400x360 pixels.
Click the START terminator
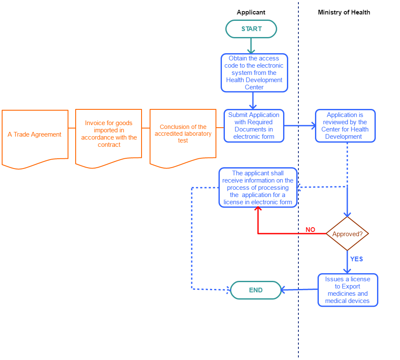pyautogui.click(x=251, y=29)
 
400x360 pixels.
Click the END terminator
pyautogui.click(x=256, y=290)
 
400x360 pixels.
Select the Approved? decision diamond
pyautogui.click(x=347, y=234)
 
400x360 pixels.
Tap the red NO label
pyautogui.click(x=310, y=230)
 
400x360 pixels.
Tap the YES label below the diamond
pyautogui.click(x=356, y=259)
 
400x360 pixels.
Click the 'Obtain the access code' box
pyautogui.click(x=254, y=73)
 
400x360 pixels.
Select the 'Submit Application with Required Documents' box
pyautogui.click(x=254, y=126)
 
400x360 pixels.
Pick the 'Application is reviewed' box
pyautogui.click(x=345, y=126)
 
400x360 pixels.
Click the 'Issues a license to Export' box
pyautogui.click(x=348, y=290)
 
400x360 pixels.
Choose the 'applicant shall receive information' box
pyautogui.click(x=258, y=188)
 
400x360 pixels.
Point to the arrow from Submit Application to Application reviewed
pyautogui.click(x=299, y=126)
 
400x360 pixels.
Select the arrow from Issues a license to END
pyautogui.click(x=299, y=290)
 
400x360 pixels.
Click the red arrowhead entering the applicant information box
pyautogui.click(x=258, y=210)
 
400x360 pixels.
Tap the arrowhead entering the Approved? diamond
pyautogui.click(x=347, y=214)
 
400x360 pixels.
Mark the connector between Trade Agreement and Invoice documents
pyautogui.click(x=72, y=128)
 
